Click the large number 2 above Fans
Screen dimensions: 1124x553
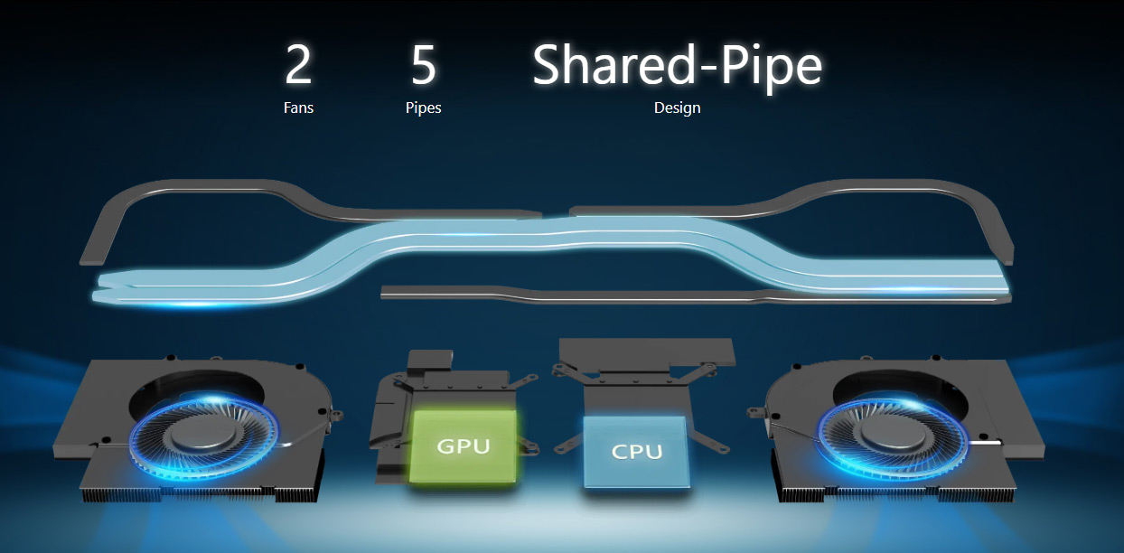point(298,64)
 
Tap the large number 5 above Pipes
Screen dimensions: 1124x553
point(424,64)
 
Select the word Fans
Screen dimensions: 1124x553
point(298,108)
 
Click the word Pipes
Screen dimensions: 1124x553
point(424,108)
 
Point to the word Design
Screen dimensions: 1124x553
point(677,108)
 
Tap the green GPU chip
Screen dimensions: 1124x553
point(463,446)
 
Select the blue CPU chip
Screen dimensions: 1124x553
point(636,452)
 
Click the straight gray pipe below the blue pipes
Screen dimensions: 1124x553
point(696,296)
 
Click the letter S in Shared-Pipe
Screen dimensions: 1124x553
point(548,64)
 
